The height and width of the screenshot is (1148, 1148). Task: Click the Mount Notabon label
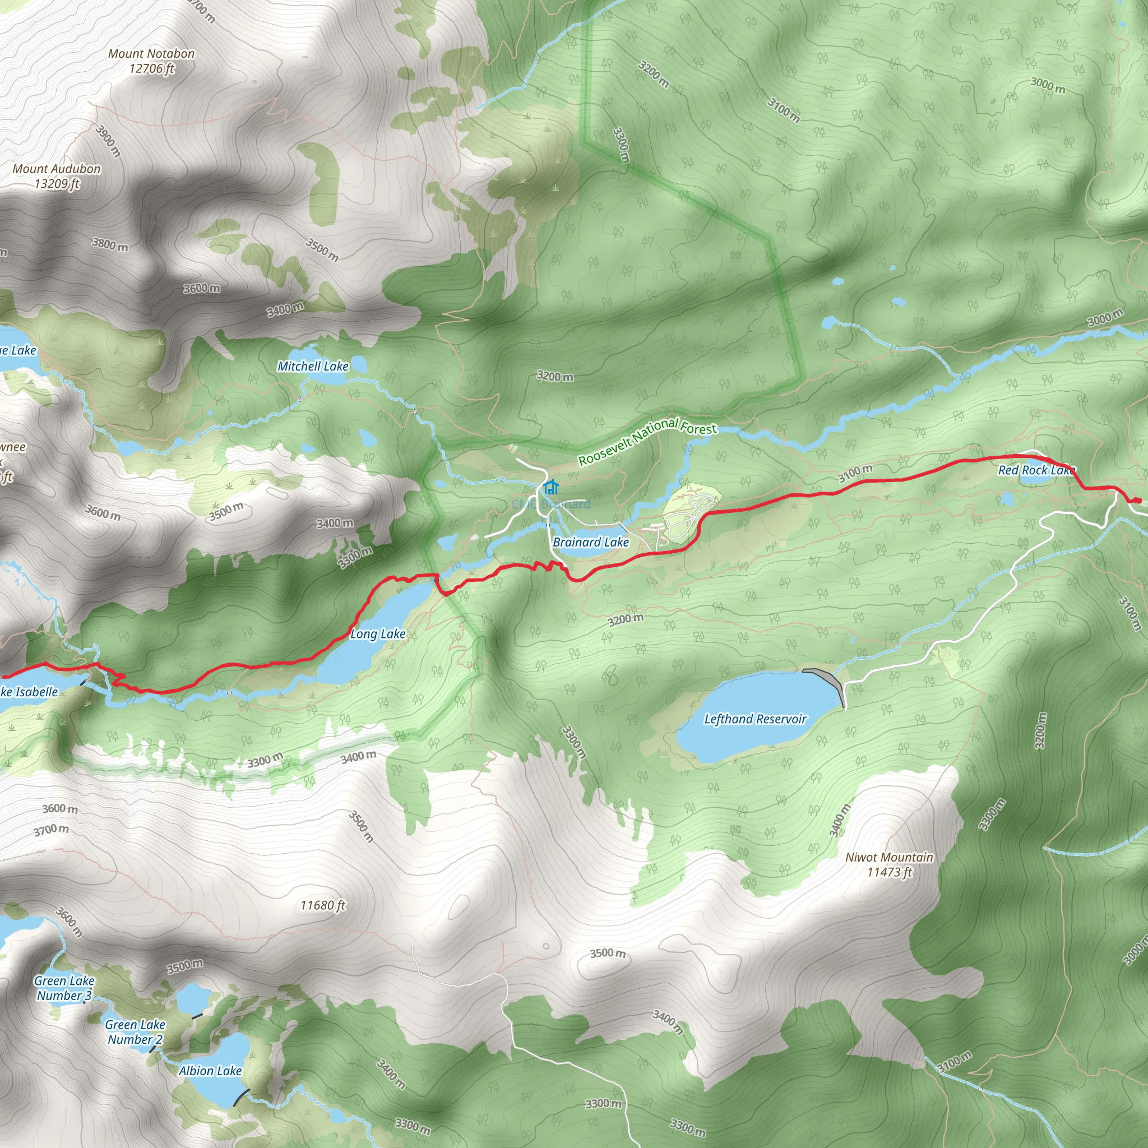click(x=151, y=61)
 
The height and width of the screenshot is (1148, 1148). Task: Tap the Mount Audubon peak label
click(x=57, y=176)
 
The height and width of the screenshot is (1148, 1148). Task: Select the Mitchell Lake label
click(x=313, y=366)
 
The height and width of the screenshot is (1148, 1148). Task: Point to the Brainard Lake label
click(x=590, y=542)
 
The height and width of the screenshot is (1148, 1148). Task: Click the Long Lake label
click(x=377, y=634)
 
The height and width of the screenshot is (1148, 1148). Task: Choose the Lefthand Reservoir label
click(x=754, y=719)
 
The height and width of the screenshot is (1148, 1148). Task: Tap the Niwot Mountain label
click(x=889, y=864)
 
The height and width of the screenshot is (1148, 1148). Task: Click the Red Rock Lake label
click(x=1036, y=470)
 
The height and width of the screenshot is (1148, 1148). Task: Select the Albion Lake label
click(x=210, y=1071)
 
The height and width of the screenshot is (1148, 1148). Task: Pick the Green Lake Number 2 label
click(x=135, y=1031)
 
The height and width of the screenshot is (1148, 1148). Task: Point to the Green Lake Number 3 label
click(x=63, y=988)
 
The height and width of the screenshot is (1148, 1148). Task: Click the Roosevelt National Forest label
click(x=647, y=442)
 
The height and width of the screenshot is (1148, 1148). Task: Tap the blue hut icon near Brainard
click(x=551, y=488)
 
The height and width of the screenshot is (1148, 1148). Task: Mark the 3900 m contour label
click(x=108, y=141)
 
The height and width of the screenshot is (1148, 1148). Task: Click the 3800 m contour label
click(x=110, y=244)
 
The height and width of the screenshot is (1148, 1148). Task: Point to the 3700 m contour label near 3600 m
click(x=51, y=830)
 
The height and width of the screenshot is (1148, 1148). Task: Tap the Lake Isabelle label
click(x=29, y=692)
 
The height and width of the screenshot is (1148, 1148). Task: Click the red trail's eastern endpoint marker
click(x=1136, y=501)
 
